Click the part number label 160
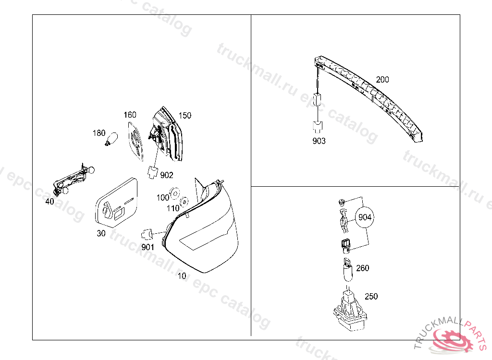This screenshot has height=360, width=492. [x=130, y=115]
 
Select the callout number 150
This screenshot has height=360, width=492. [x=184, y=115]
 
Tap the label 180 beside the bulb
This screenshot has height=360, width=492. [x=98, y=132]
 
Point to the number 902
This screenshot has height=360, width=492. [x=166, y=175]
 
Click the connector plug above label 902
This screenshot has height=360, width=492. [x=152, y=171]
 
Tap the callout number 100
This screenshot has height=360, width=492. [x=163, y=197]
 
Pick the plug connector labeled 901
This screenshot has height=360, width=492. [x=147, y=235]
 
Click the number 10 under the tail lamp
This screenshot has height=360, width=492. [x=182, y=276]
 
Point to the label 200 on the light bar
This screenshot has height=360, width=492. [x=382, y=80]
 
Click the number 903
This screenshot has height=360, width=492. [x=319, y=141]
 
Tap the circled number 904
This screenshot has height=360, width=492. [x=365, y=217]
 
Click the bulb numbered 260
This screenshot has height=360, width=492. [x=347, y=270]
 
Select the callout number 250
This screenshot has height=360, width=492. [x=371, y=296]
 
